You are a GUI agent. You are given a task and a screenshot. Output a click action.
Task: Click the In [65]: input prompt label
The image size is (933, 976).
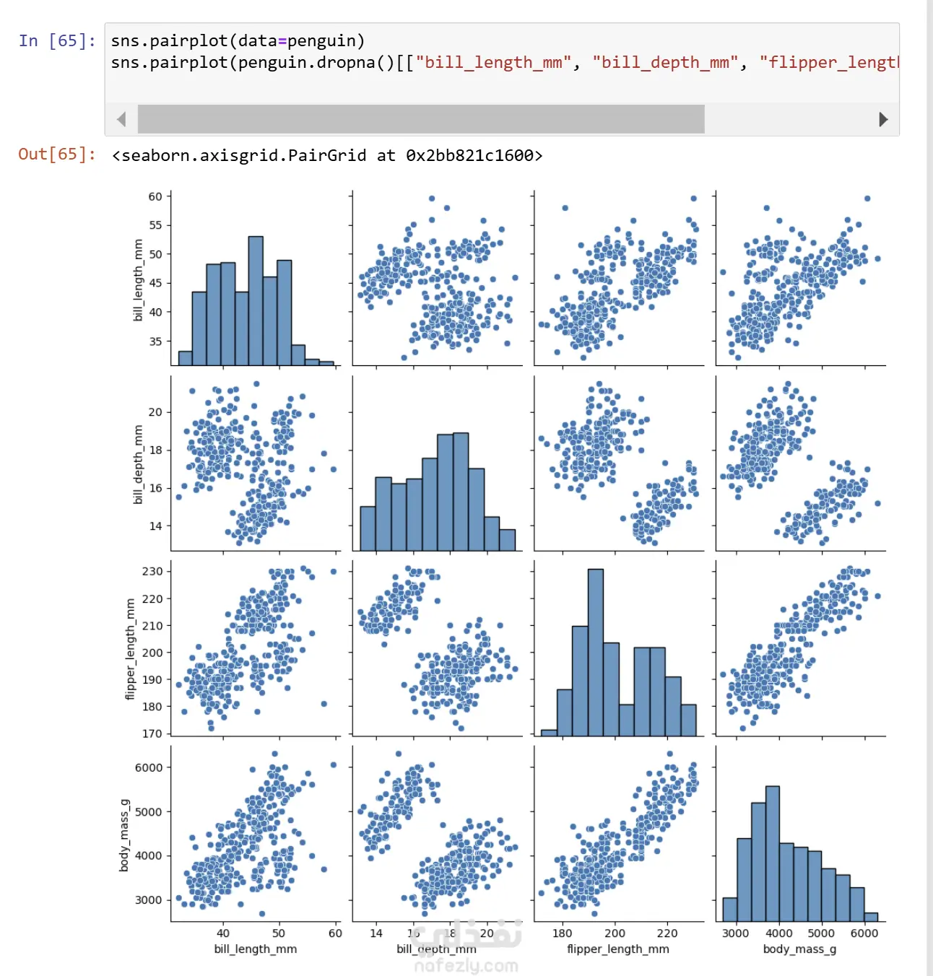point(57,40)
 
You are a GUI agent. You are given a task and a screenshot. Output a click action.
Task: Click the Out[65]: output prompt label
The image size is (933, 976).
point(57,154)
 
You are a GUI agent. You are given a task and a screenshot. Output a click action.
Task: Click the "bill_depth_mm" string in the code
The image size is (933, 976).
point(665,63)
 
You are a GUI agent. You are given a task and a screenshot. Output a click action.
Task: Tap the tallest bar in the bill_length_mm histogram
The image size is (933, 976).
point(256,300)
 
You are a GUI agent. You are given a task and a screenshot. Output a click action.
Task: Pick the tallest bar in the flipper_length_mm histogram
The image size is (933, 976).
point(596,652)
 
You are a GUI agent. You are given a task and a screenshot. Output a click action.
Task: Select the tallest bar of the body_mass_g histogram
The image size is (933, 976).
point(772,853)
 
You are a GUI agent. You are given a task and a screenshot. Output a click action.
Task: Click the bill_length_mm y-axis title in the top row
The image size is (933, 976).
point(138,280)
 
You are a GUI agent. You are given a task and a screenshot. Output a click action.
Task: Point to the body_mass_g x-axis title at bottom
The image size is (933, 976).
point(799,949)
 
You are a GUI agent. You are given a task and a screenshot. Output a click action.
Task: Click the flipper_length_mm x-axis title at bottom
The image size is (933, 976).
point(618,949)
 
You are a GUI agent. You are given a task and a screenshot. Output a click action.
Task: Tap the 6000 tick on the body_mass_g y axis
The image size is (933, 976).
point(149,767)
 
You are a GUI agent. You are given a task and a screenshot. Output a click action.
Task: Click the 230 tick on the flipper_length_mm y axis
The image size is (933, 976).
point(152,571)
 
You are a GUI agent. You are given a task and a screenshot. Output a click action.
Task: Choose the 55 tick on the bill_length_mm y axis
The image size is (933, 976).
point(155,225)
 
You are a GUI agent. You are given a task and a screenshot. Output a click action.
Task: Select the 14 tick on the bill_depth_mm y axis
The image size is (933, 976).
point(155,526)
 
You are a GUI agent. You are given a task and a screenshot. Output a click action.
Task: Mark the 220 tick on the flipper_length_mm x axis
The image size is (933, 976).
point(667,933)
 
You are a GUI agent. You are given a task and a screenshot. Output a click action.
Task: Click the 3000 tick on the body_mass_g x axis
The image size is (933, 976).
point(735,933)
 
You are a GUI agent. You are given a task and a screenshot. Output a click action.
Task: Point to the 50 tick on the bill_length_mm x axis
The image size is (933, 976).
point(279,933)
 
